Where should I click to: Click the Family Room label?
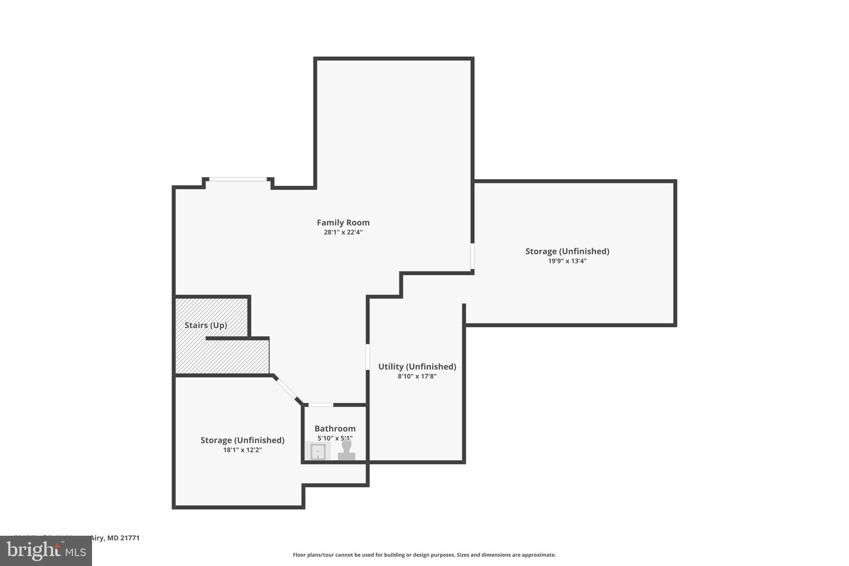(x=343, y=223)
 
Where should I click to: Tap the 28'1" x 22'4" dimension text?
(x=343, y=233)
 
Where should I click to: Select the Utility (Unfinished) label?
(x=417, y=367)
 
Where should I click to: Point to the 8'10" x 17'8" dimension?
(x=417, y=377)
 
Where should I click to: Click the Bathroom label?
(x=335, y=428)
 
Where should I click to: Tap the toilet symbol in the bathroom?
(x=347, y=450)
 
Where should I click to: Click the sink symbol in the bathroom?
(x=318, y=451)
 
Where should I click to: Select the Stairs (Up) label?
(x=206, y=325)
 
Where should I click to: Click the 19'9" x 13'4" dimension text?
(x=567, y=261)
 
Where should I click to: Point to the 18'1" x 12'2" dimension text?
(x=243, y=450)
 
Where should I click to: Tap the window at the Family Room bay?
(x=238, y=179)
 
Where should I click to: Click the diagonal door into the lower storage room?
(x=286, y=389)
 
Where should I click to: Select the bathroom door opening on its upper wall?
(x=320, y=405)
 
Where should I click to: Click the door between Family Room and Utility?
(x=368, y=357)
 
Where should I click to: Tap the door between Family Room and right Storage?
(x=472, y=256)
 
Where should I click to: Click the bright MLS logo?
(x=46, y=551)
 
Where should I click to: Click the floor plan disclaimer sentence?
(x=424, y=555)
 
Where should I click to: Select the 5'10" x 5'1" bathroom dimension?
(x=335, y=438)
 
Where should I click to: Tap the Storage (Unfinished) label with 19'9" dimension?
(x=567, y=251)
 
